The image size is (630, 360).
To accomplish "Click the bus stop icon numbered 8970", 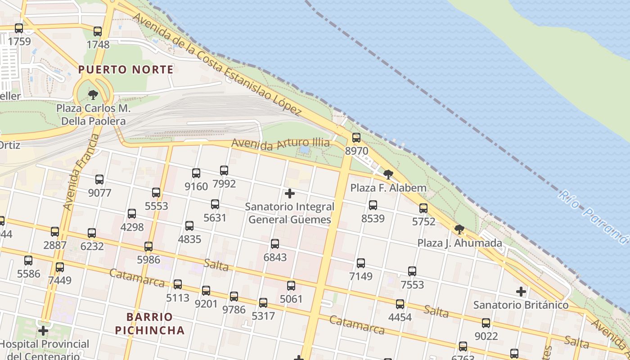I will (356, 138).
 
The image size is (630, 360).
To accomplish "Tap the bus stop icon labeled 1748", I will (98, 31).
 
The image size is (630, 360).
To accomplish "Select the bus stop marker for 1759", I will (19, 28).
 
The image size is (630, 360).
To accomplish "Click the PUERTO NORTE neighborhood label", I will (126, 70).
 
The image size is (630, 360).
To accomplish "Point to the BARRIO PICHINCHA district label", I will (149, 324).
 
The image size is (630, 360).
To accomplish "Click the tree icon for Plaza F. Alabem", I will (388, 175).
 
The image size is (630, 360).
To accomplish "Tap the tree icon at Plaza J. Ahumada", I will (459, 229).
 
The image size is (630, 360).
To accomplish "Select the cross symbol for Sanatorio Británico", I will (521, 292).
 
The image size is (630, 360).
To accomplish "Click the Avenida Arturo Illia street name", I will (280, 144).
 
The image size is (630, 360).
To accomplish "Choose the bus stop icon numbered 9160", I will (196, 173).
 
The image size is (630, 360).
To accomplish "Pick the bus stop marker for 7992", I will (224, 171).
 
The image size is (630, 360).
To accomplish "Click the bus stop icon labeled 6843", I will (275, 244).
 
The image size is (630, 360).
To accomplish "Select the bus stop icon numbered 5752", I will (423, 208).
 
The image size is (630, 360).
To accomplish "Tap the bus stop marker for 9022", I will (486, 323).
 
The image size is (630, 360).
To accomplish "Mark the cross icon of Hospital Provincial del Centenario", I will (43, 331).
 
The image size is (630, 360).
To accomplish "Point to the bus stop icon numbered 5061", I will (291, 286).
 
